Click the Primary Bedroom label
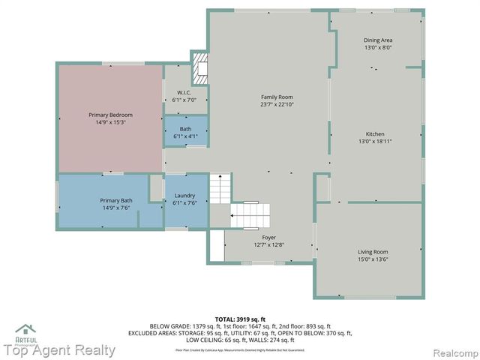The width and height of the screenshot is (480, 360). pos(110,115)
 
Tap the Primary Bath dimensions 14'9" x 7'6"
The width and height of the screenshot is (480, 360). pos(116,209)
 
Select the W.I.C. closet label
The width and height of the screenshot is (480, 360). pos(184,93)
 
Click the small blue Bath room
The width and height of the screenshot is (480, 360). pos(185,132)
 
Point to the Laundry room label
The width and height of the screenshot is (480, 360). pos(184,196)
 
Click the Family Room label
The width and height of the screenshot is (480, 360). pos(277,97)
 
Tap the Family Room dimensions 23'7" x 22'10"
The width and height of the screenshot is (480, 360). pos(277,105)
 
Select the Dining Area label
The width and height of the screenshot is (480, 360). pos(378,40)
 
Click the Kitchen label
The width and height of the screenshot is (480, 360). pos(375,133)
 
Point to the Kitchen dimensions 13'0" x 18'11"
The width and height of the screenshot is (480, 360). pos(375,141)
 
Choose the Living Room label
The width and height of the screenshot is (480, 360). pos(372,252)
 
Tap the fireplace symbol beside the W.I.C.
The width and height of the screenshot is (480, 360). pos(200,69)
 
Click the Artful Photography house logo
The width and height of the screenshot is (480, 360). pos(26,331)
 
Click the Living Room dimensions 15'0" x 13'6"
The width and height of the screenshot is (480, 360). pos(372,259)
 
